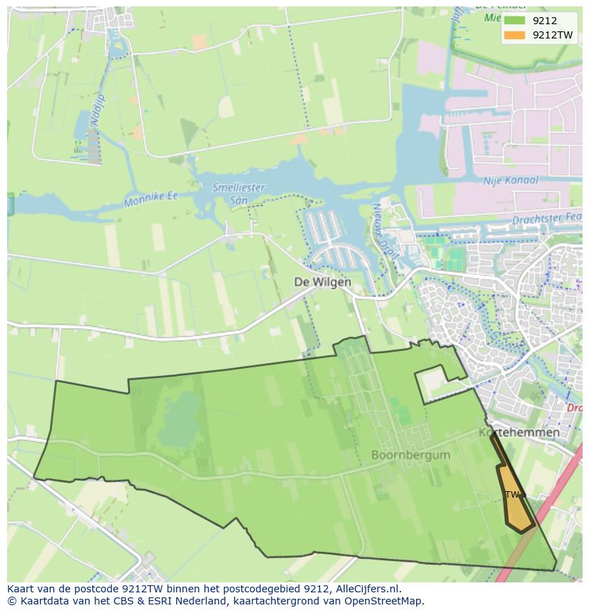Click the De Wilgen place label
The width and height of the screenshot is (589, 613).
point(322,282)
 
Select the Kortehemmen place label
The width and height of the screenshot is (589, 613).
point(519,432)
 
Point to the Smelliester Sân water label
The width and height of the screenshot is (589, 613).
point(238,194)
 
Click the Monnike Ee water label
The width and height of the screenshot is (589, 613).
point(150,199)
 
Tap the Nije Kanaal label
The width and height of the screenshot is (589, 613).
point(510,181)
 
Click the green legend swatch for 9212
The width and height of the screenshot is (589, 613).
point(514,21)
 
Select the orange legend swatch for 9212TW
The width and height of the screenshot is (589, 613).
point(514,35)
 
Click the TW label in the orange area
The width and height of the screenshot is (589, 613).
point(511,494)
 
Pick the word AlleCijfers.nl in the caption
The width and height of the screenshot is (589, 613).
point(367,589)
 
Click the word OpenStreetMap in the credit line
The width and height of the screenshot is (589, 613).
point(386,601)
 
